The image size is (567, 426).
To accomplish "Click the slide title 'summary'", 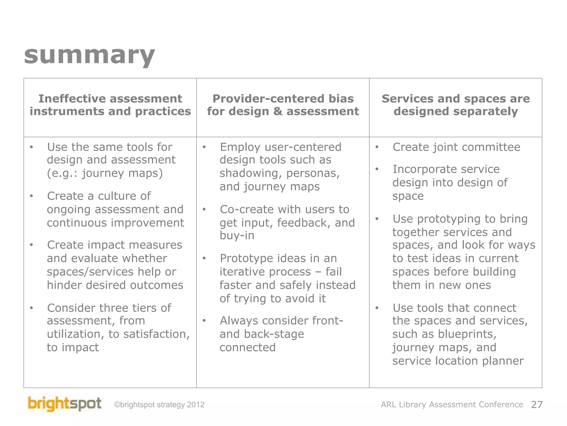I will click(x=89, y=55).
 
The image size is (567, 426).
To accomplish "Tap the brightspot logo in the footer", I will click(x=65, y=404).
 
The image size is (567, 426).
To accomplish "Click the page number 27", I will click(x=537, y=405).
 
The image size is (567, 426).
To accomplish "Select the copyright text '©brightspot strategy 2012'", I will click(x=159, y=405).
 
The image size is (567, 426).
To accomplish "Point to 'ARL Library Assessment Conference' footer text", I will click(x=452, y=405).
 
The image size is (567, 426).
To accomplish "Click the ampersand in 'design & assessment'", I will click(x=278, y=111).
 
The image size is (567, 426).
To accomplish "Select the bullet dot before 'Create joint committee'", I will click(x=377, y=147).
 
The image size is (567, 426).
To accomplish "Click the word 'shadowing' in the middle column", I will click(x=251, y=173).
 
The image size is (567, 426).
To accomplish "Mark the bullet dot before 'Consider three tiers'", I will click(x=32, y=308).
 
